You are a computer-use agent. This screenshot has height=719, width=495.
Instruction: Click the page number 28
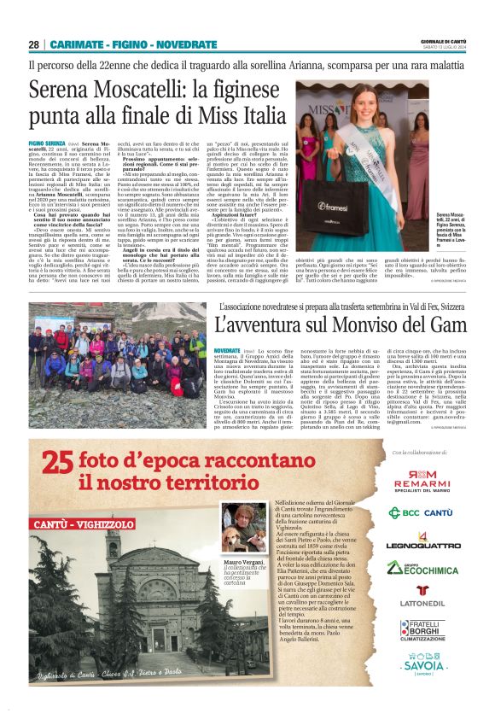click(x=33, y=44)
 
